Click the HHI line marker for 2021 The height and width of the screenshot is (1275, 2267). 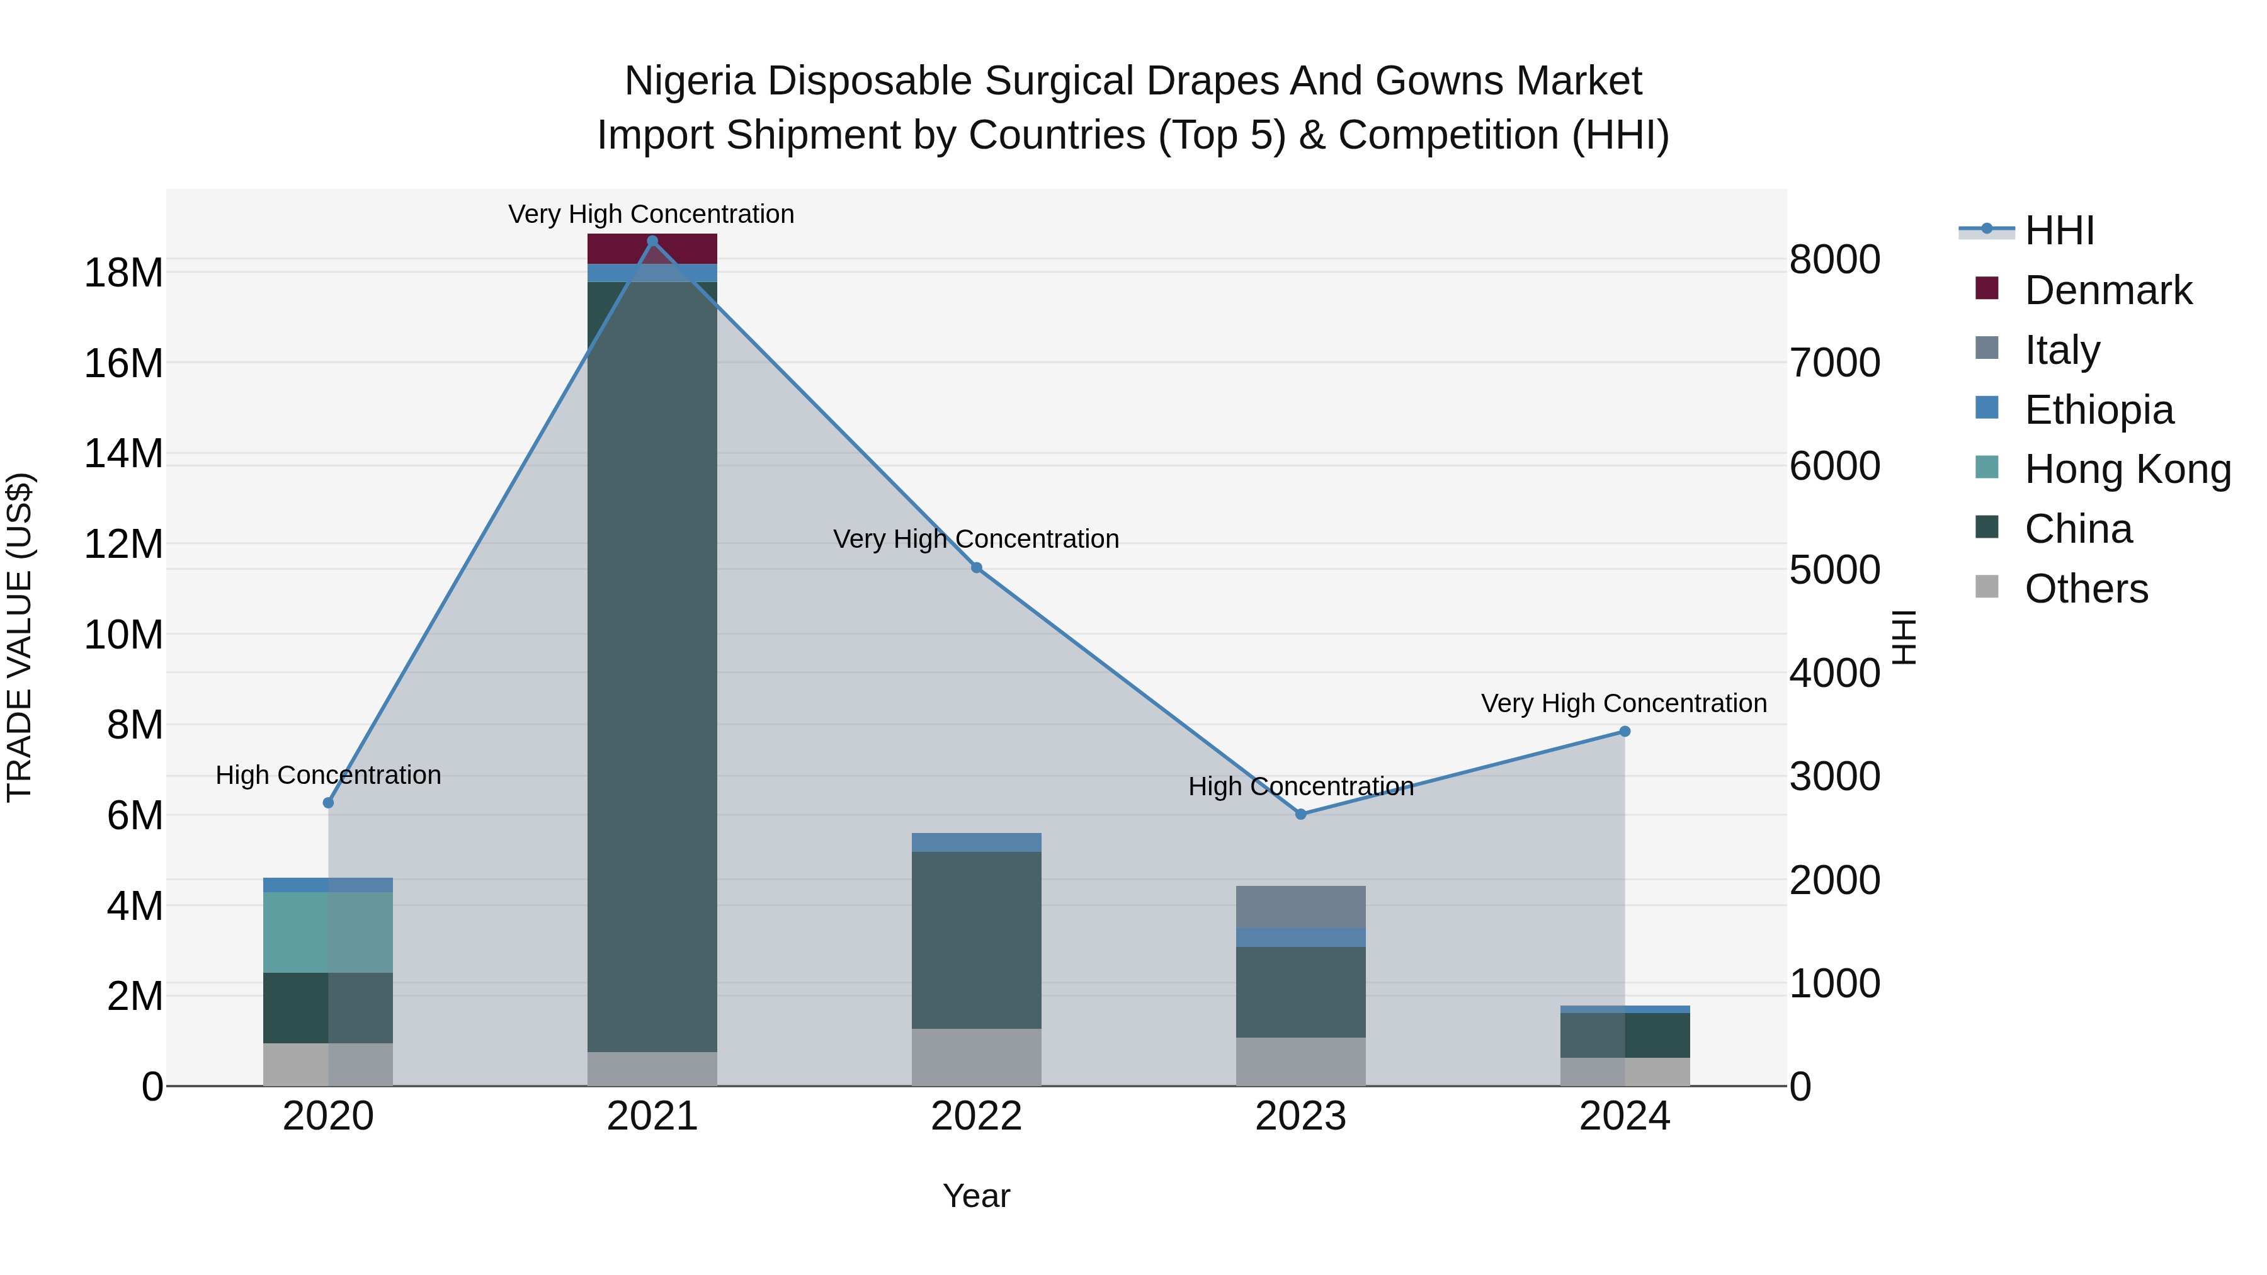(652, 241)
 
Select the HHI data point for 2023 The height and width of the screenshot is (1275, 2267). (1301, 814)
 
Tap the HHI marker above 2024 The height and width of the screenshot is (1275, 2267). (1625, 731)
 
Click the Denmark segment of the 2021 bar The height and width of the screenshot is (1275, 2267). (652, 249)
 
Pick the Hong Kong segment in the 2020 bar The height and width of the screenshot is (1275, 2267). (327, 932)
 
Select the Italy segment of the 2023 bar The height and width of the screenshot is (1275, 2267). (1301, 906)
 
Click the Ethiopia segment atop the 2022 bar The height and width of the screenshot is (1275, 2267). (976, 842)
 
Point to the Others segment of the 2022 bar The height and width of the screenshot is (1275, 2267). (976, 1056)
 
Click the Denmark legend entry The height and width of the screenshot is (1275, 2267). (2107, 290)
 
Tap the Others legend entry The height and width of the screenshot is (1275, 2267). (2085, 589)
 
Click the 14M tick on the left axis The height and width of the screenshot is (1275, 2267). (123, 454)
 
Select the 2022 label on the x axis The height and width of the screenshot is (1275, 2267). (976, 1116)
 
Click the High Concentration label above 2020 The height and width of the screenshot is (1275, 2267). (327, 775)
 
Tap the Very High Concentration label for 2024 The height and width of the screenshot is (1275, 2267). (1623, 704)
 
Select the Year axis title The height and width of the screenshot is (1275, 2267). (976, 1196)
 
